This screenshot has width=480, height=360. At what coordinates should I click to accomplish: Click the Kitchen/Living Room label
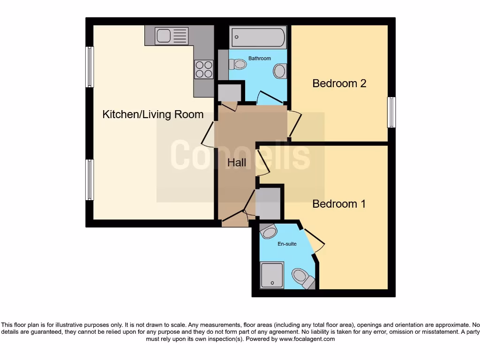(x=153, y=114)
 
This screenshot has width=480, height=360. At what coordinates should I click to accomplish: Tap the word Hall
(x=237, y=163)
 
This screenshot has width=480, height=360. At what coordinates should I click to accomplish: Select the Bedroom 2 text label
(x=339, y=83)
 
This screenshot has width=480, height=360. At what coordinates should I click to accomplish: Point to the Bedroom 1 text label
(x=339, y=204)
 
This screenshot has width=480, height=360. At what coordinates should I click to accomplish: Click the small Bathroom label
(x=259, y=59)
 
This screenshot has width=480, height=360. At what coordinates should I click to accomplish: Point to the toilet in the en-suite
(x=301, y=277)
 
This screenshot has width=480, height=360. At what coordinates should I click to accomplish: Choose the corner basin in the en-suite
(x=269, y=231)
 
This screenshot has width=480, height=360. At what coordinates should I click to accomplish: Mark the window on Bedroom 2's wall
(x=391, y=112)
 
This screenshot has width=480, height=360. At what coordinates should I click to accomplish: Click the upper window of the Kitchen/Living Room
(x=89, y=67)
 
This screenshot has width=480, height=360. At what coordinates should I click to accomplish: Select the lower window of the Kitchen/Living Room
(x=89, y=180)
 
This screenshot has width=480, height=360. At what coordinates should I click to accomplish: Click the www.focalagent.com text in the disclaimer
(x=307, y=338)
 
